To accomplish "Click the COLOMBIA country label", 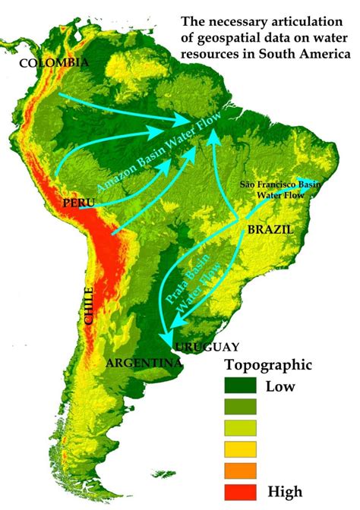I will [x=54, y=62].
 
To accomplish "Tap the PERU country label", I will [x=79, y=203].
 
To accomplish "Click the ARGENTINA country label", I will [x=145, y=363].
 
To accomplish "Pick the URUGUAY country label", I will [x=207, y=346].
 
